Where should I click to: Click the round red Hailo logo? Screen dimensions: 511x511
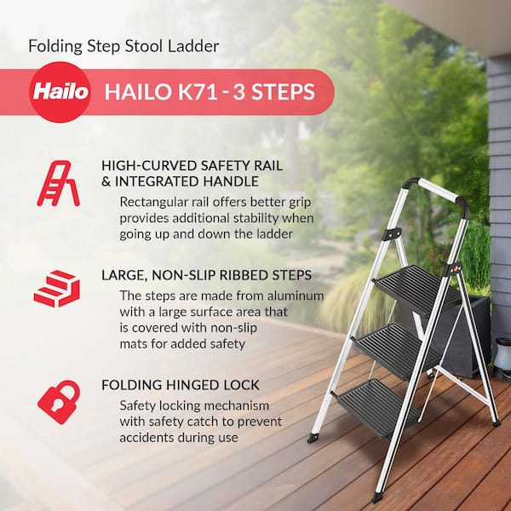click(x=60, y=92)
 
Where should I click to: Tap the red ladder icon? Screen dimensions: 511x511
click(x=58, y=183)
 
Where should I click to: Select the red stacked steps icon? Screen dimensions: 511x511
click(x=57, y=289)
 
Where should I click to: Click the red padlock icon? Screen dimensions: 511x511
click(x=59, y=402)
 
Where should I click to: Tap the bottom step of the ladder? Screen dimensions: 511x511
click(x=378, y=408)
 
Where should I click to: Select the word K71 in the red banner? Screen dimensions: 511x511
click(x=198, y=92)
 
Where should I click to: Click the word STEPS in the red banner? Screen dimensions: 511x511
click(x=284, y=92)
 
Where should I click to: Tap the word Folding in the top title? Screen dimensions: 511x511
click(x=55, y=46)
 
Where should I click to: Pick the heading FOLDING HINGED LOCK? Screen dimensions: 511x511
click(x=181, y=385)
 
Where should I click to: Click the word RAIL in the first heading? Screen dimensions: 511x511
click(x=267, y=165)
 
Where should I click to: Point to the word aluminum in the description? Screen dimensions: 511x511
click(x=296, y=296)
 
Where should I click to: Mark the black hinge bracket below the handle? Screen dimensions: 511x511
click(x=392, y=234)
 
